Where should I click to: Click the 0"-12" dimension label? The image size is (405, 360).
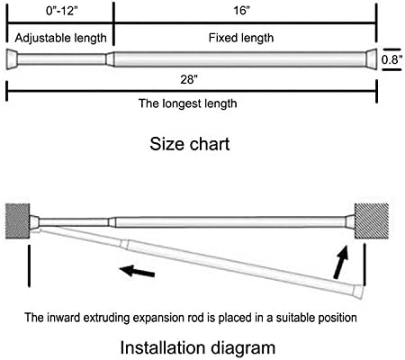[61, 11]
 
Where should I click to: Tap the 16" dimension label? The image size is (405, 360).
[242, 11]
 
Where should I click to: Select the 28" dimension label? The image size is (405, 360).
[189, 79]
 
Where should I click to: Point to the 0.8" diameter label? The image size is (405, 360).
[391, 59]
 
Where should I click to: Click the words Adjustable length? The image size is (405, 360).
[61, 38]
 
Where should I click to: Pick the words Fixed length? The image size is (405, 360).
[241, 38]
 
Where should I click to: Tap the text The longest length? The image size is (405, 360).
[188, 103]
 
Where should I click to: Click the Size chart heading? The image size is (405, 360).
[190, 144]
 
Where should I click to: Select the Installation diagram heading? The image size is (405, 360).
[198, 347]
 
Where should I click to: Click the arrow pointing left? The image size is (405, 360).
[137, 271]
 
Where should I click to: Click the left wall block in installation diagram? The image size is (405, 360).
[17, 221]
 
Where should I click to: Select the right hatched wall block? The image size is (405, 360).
[372, 221]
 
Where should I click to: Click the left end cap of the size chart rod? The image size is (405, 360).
[12, 59]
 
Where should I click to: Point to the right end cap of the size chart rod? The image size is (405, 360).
[372, 59]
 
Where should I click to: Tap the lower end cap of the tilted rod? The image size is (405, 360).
[357, 292]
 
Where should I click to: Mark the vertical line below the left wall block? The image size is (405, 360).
[29, 265]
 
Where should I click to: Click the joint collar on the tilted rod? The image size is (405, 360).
[124, 244]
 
